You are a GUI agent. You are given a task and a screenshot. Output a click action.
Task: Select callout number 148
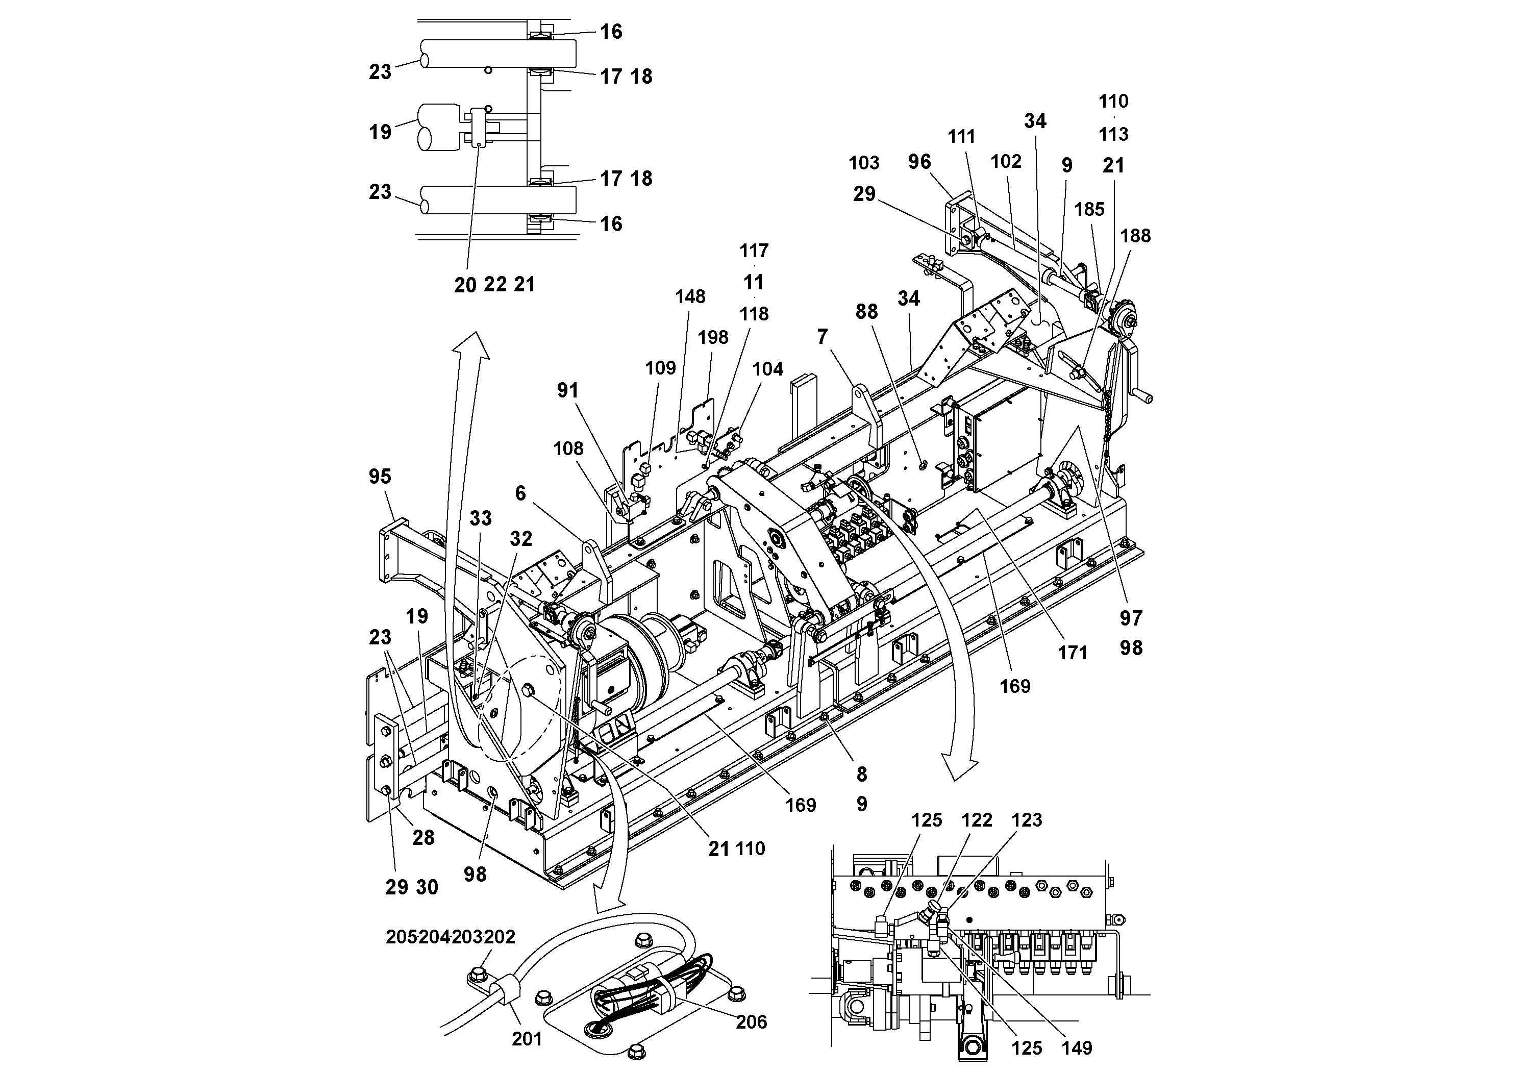pos(690,296)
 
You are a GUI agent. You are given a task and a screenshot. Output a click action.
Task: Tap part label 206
pos(751,1021)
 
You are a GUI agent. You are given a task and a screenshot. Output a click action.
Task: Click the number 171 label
pos(1073,653)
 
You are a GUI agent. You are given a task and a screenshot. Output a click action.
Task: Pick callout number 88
pos(867,312)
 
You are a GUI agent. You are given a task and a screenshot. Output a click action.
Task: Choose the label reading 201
pos(527,1039)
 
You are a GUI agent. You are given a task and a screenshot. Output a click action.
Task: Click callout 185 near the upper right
pos(1089,209)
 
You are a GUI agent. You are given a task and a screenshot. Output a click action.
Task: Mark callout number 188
pos(1135,236)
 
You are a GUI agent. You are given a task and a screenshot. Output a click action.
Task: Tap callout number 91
pos(567,390)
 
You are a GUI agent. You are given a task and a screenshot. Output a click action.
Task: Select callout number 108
pos(568,448)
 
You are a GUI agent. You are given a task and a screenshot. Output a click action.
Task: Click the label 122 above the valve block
pos(977,820)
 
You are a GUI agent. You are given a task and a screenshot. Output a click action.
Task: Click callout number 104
pos(767,369)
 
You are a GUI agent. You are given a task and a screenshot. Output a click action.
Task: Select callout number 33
pos(481,518)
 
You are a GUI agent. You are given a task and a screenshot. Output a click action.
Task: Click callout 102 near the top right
pos(1006,161)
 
